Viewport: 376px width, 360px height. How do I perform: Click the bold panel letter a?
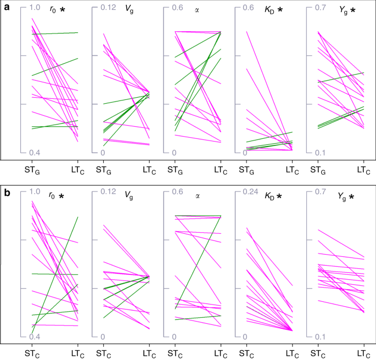7,7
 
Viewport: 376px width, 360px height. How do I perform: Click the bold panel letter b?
7,193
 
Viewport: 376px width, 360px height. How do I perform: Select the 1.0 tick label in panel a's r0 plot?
35,8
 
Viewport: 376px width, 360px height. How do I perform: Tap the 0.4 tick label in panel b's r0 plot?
35,337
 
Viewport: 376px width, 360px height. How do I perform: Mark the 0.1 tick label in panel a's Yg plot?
320,153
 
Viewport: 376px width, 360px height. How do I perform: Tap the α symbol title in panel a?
198,9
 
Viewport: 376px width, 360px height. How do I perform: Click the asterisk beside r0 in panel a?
62,9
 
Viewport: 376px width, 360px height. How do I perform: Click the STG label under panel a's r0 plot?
33,169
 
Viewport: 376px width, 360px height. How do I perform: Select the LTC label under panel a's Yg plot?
363,169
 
